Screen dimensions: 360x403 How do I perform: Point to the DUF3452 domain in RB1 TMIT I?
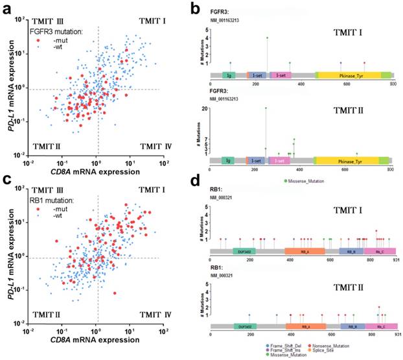(x=244, y=250)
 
